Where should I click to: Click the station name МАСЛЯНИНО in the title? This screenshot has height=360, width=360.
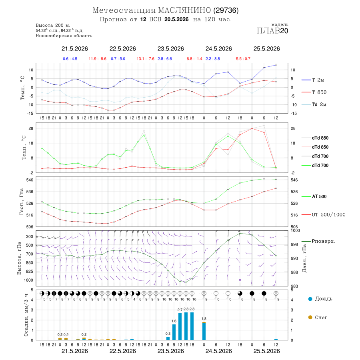[x=184, y=10]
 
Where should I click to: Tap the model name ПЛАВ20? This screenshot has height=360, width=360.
[x=272, y=31]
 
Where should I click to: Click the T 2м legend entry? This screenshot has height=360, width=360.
[x=313, y=80]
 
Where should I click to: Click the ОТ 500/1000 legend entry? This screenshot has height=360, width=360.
[x=323, y=215]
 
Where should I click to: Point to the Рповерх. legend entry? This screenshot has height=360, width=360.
[x=318, y=241]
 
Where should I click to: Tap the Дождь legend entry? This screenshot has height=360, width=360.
[x=320, y=299]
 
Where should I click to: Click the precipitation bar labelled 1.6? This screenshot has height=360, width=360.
[x=174, y=332]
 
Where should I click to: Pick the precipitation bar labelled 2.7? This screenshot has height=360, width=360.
[x=180, y=326]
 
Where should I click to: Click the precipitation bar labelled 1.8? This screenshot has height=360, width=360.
[x=204, y=331]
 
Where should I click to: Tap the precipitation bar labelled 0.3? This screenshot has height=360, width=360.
[x=168, y=338]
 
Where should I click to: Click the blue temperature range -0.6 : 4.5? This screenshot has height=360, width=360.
[x=69, y=59]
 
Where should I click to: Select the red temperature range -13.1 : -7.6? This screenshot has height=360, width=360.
[x=145, y=59]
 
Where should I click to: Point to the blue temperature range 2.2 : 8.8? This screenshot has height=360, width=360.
[x=213, y=59]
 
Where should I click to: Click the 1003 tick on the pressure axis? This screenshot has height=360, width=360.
[x=295, y=230]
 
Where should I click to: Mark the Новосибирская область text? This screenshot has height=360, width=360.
[x=64, y=36]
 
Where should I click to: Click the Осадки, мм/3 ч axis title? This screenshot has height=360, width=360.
[x=26, y=315]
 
